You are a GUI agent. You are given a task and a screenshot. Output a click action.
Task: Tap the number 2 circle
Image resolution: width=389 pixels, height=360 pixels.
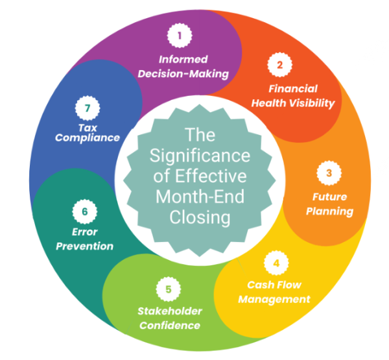tap(280, 64)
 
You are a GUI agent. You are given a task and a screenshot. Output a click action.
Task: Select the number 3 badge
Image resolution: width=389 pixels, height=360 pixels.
tap(329, 173)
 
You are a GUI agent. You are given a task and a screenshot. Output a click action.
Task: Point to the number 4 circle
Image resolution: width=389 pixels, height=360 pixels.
tap(276, 263)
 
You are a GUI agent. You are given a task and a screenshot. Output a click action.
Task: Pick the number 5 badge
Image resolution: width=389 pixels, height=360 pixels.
tap(169, 289)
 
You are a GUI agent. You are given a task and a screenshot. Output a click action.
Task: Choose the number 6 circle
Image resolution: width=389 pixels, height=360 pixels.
tap(84, 210)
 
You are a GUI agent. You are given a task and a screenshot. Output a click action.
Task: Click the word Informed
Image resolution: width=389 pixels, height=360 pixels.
tap(183, 59)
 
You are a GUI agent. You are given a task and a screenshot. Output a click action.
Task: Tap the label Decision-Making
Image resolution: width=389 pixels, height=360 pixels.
tap(183, 73)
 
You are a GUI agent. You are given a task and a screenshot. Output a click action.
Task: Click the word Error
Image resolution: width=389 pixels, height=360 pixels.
tap(84, 232)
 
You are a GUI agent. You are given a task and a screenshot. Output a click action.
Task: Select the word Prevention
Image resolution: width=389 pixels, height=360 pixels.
tap(84, 246)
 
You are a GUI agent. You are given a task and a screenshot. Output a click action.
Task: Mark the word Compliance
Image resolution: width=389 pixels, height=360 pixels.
tap(88, 138)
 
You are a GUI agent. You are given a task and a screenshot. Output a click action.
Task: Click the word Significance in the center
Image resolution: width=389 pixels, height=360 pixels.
tap(200, 156)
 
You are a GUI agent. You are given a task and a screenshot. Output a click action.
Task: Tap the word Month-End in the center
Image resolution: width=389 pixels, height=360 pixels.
tap(200, 197)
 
